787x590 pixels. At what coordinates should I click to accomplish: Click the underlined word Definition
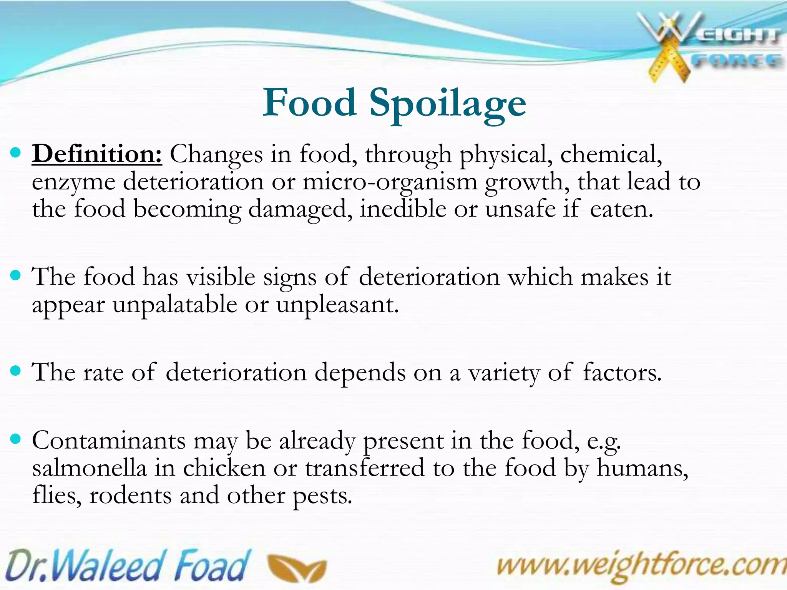[x=97, y=154]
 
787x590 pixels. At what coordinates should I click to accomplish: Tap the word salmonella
[x=90, y=468]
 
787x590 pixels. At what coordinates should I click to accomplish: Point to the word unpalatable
[x=175, y=305]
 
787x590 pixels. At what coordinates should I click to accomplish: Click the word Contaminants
[x=109, y=441]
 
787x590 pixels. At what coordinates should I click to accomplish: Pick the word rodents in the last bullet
[x=130, y=496]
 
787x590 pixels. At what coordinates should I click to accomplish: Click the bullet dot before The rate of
[x=16, y=371]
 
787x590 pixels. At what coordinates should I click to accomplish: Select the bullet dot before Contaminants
[x=16, y=439]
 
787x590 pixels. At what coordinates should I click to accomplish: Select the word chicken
[x=224, y=468]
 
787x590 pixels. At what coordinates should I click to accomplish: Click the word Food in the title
[x=310, y=103]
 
